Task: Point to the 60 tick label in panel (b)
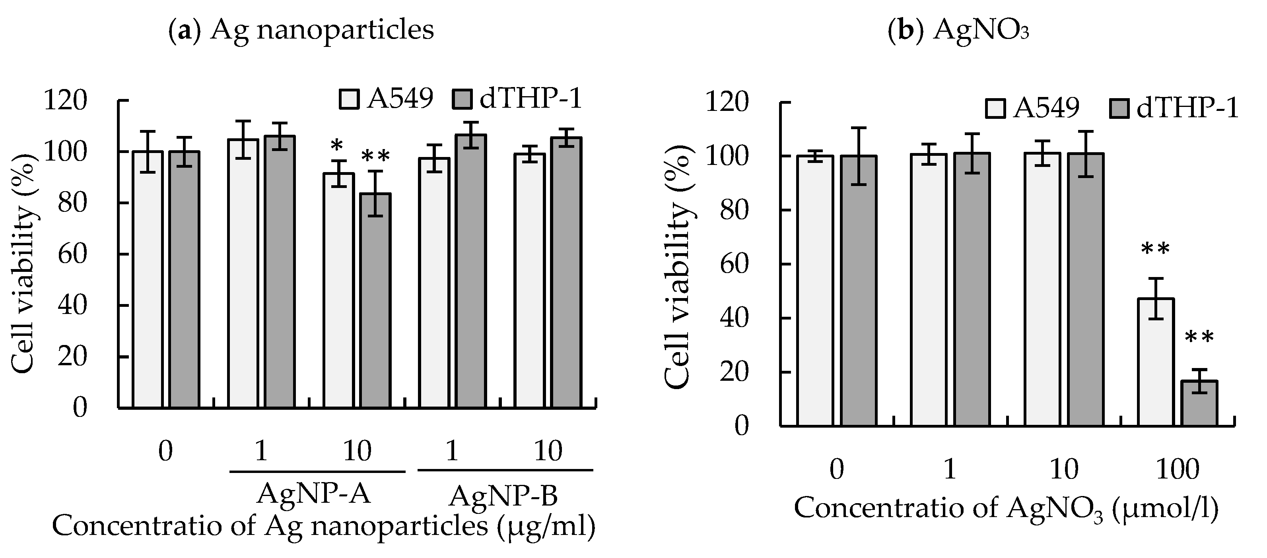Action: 733,265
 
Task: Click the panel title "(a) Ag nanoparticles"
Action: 301,29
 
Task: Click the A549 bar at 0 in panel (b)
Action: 815,290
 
